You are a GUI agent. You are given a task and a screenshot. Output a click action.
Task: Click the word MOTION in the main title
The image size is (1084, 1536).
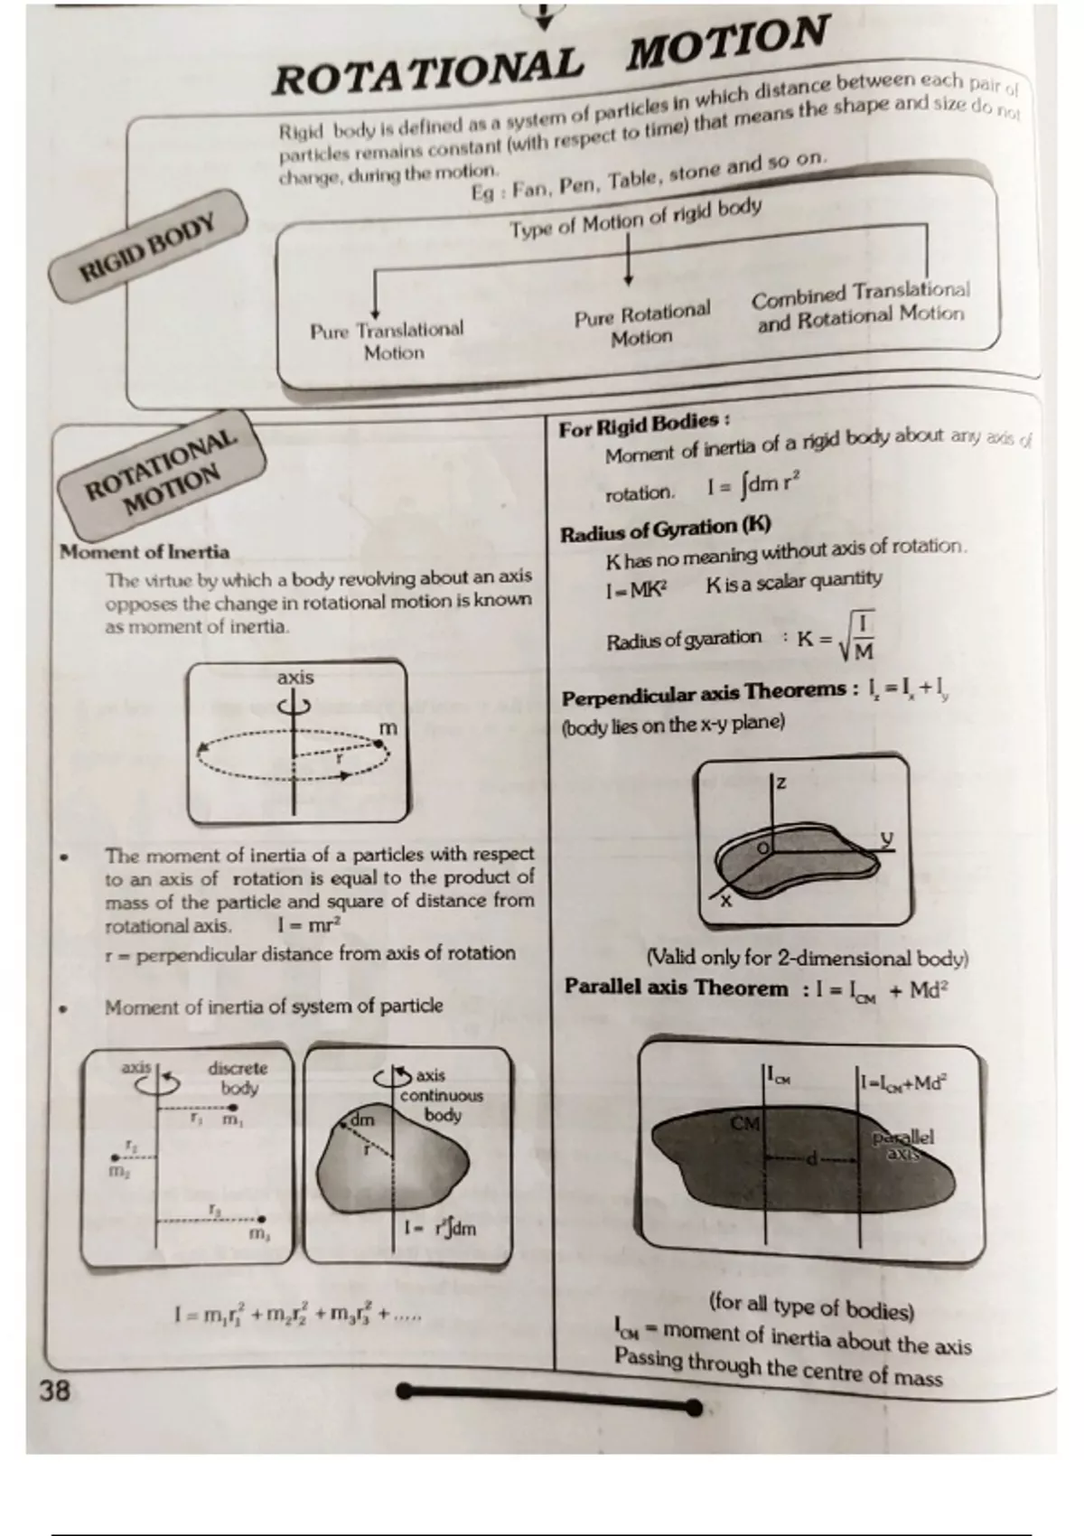[x=728, y=44]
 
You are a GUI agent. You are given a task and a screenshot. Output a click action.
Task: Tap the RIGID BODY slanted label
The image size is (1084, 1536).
[x=149, y=246]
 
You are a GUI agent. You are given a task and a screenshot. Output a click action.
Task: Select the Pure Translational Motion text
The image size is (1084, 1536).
[x=387, y=341]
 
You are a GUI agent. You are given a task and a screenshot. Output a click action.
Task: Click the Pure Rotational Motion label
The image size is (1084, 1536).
[x=642, y=323]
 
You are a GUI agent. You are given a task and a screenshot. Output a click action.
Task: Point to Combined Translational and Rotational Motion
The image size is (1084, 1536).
[x=860, y=305]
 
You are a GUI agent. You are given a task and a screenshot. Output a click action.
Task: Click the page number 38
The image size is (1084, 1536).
[x=54, y=1391]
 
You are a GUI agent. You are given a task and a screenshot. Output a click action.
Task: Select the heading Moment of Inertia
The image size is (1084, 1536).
[x=145, y=552]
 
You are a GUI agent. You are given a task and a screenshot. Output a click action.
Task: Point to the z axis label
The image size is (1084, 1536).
[x=781, y=783]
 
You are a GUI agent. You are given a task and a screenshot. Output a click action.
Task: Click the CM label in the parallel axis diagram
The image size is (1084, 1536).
[x=745, y=1123]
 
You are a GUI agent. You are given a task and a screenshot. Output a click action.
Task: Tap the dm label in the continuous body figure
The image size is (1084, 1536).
[x=362, y=1120]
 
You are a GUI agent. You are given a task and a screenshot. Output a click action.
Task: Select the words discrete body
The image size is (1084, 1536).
[x=238, y=1078]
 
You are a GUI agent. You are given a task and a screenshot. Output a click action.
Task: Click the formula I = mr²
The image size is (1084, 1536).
[x=310, y=925]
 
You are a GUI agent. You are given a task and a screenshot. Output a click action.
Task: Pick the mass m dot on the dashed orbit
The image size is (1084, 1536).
[x=380, y=744]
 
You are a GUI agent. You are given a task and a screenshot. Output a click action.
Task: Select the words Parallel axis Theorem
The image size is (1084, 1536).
[x=676, y=988]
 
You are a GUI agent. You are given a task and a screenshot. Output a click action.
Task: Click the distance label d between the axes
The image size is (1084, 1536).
[x=812, y=1158]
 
